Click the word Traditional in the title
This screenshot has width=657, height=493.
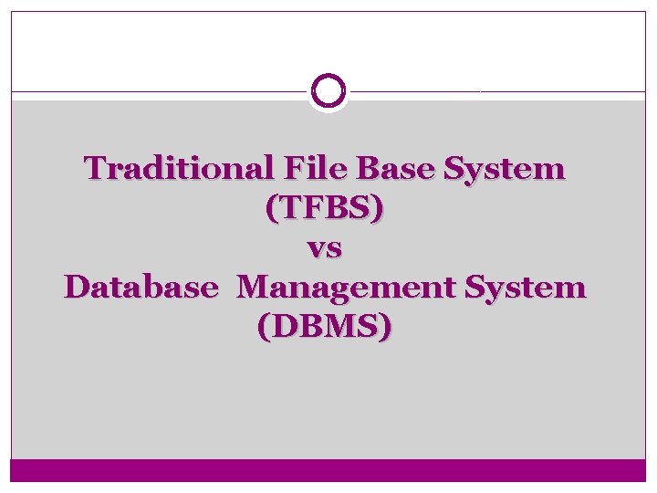pyautogui.click(x=180, y=169)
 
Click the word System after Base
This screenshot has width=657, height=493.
pyautogui.click(x=504, y=170)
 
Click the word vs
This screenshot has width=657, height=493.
pyautogui.click(x=324, y=248)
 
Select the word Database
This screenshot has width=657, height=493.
pyautogui.click(x=141, y=288)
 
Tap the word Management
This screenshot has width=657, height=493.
pyautogui.click(x=347, y=289)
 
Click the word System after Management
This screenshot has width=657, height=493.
pyautogui.click(x=525, y=288)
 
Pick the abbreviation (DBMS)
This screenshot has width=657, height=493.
pyautogui.click(x=325, y=328)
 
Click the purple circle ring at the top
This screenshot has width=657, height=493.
pyautogui.click(x=328, y=91)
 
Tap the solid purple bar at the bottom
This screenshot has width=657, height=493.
pyautogui.click(x=328, y=470)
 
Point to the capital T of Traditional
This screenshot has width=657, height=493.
pyautogui.click(x=94, y=169)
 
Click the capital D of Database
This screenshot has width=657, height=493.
pyautogui.click(x=77, y=288)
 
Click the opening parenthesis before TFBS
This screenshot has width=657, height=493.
pyautogui.click(x=271, y=210)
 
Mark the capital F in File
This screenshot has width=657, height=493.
pyautogui.click(x=294, y=169)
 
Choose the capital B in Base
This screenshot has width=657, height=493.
pyautogui.click(x=366, y=169)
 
